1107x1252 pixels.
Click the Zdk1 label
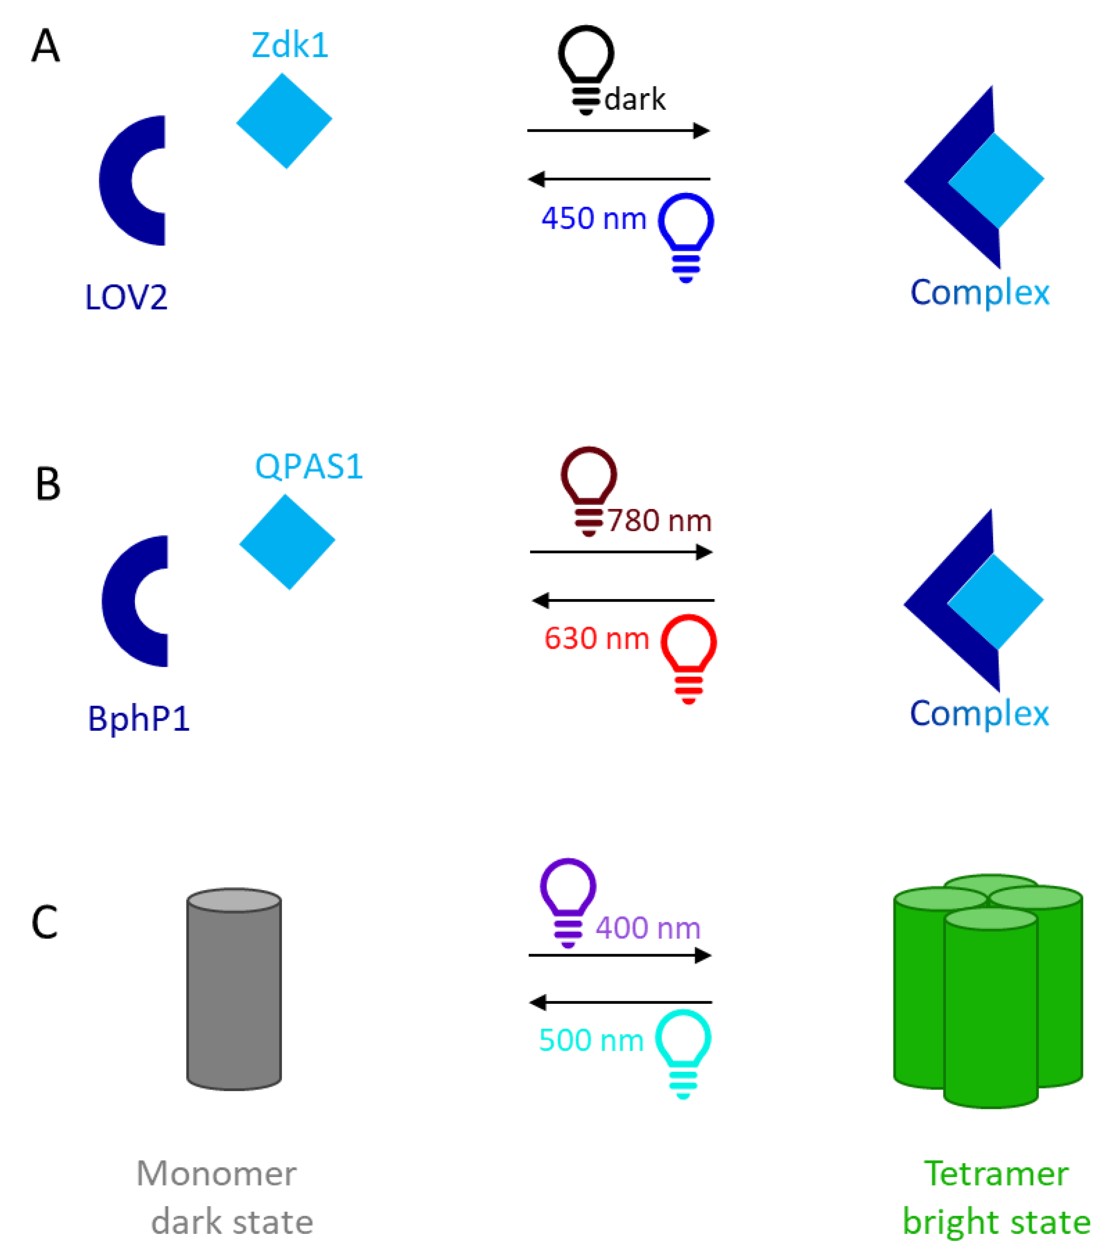290,45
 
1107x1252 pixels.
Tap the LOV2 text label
126,298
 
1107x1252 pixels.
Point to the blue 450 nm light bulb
686,236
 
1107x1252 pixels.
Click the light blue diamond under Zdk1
284,120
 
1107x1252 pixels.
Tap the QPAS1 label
309,467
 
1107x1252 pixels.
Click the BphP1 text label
139,719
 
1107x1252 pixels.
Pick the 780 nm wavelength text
659,521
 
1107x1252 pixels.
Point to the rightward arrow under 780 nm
621,552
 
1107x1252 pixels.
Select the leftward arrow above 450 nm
619,179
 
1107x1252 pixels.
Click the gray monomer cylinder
233,989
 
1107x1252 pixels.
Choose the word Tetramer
995,1174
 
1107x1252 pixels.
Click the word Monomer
216,1174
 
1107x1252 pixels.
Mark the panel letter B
48,484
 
